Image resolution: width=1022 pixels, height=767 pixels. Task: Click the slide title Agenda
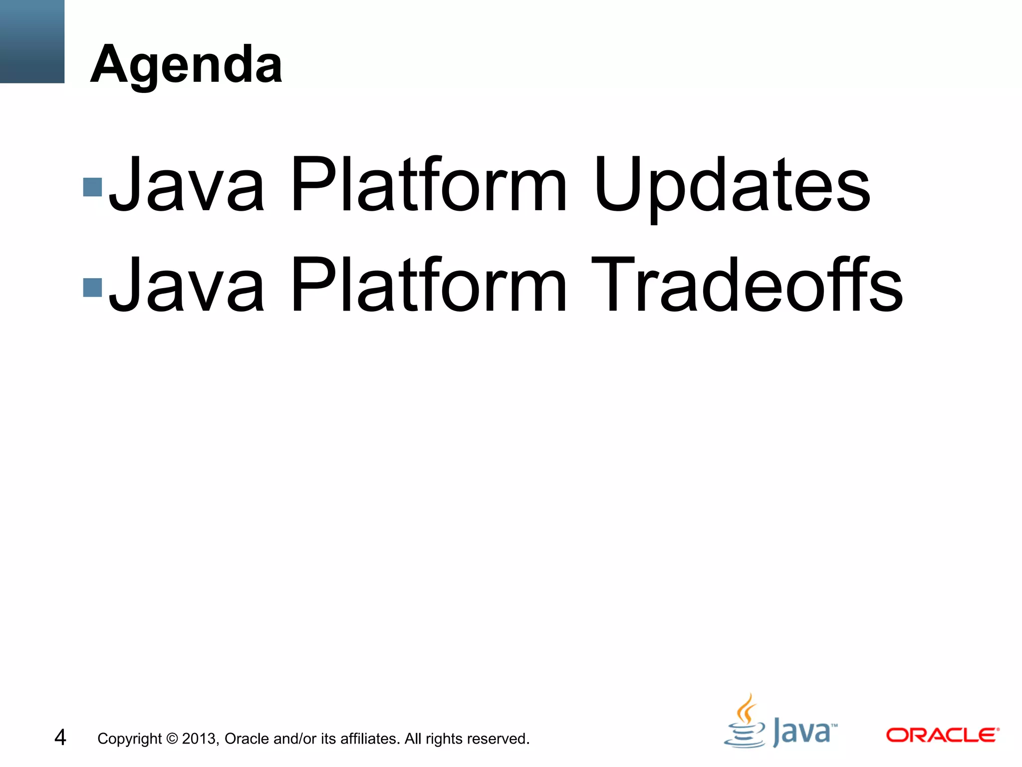coord(186,65)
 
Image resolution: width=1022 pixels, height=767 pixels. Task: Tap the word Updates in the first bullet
coord(732,186)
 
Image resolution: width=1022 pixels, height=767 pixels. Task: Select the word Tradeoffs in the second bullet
coord(746,286)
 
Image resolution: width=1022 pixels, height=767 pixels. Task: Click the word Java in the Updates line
coord(186,186)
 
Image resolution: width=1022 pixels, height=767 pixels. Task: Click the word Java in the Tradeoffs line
coord(186,286)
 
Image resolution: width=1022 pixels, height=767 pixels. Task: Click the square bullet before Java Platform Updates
coord(93,187)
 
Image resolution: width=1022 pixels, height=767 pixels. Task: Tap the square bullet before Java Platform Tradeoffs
coord(93,287)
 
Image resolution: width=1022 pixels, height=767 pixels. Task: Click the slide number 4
coord(60,738)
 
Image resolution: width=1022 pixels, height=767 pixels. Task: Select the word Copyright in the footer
coord(130,739)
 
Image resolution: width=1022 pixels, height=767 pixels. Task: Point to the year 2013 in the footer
coord(199,739)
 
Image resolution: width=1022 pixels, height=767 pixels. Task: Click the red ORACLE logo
coord(942,735)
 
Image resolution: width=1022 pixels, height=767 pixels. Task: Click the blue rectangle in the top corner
coord(32,41)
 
